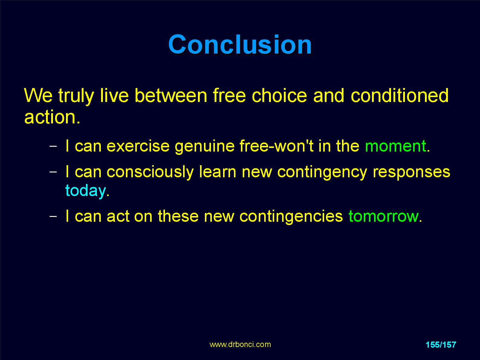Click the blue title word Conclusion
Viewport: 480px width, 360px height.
click(240, 44)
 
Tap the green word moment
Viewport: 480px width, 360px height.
click(396, 146)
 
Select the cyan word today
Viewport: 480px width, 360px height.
click(86, 191)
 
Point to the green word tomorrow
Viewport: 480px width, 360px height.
click(383, 216)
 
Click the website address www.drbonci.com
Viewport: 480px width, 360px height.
click(240, 345)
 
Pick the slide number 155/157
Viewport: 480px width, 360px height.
click(441, 345)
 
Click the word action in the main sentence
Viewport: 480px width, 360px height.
click(50, 117)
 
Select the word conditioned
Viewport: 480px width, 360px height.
click(399, 95)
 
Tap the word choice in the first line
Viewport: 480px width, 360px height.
click(279, 95)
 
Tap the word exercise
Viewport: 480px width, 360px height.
click(138, 146)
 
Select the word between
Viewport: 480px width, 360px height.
click(171, 95)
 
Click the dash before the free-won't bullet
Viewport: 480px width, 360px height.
click(53, 146)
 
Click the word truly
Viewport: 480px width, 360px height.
click(76, 96)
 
